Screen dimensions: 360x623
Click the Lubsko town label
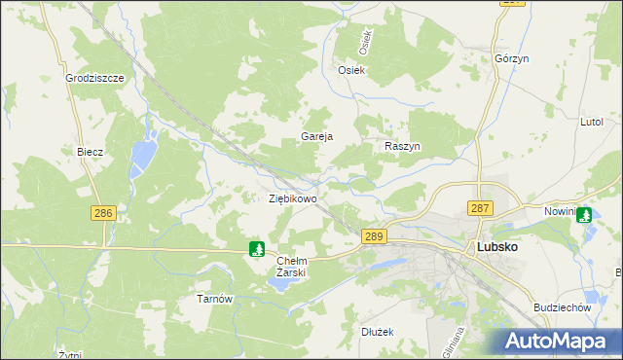pos(496,247)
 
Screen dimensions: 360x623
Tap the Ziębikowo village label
pos(293,198)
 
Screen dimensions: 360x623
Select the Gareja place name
pos(317,137)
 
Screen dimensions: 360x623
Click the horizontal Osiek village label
pos(350,70)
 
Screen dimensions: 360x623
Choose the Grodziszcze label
pos(93,78)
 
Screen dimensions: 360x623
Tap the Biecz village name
pos(90,153)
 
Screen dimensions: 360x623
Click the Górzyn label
pos(511,58)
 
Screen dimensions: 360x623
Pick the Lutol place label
pos(592,122)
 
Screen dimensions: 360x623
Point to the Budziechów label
pos(564,307)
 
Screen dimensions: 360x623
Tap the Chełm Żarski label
pos(292,267)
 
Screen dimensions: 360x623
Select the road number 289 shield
pos(375,236)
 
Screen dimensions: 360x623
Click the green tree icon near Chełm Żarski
pos(256,249)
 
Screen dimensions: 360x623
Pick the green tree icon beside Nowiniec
pos(584,215)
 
